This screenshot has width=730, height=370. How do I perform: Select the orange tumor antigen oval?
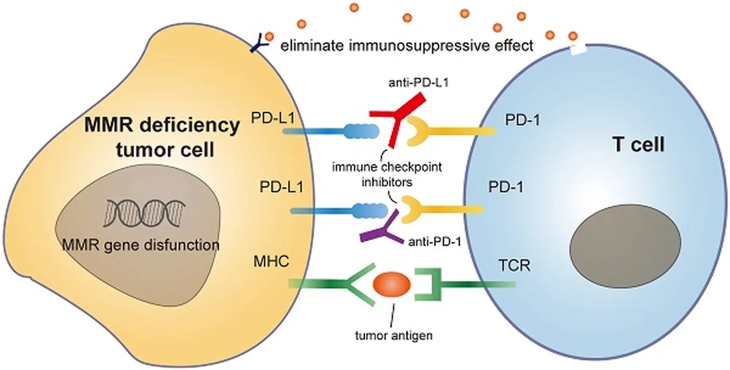pyautogui.click(x=392, y=285)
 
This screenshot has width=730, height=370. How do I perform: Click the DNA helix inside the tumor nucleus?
pyautogui.click(x=144, y=213)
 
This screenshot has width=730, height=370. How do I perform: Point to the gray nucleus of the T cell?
pyautogui.click(x=625, y=242)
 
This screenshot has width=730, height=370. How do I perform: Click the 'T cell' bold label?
pyautogui.click(x=639, y=144)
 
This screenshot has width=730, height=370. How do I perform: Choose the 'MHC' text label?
pyautogui.click(x=271, y=262)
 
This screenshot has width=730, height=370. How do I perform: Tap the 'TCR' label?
pyautogui.click(x=515, y=265)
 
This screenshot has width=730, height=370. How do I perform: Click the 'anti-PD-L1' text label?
pyautogui.click(x=419, y=83)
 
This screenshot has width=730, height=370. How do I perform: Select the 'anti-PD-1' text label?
pyautogui.click(x=435, y=242)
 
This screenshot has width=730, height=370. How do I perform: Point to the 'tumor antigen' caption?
pyautogui.click(x=394, y=335)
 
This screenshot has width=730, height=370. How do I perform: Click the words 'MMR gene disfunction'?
pyautogui.click(x=141, y=245)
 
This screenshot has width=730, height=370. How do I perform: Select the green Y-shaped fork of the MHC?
pyautogui.click(x=361, y=285)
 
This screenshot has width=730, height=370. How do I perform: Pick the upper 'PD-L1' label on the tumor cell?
pyautogui.click(x=273, y=117)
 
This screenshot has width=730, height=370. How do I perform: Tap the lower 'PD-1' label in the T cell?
pyautogui.click(x=506, y=187)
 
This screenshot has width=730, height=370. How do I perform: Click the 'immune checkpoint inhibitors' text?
pyautogui.click(x=387, y=175)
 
